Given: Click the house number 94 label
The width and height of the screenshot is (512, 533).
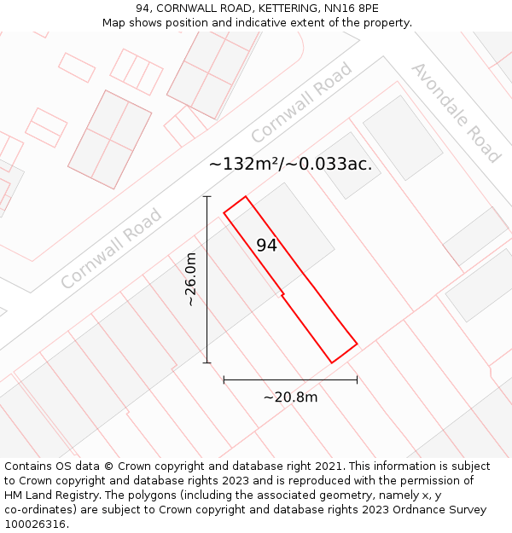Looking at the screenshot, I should [x=267, y=246].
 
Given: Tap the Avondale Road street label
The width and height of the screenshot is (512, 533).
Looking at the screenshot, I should [x=456, y=113].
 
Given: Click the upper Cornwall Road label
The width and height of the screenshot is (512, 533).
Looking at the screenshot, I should [x=301, y=102].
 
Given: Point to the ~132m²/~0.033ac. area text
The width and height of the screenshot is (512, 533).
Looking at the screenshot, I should [x=290, y=165].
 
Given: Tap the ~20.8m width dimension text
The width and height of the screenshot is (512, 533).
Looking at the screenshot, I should [x=290, y=397].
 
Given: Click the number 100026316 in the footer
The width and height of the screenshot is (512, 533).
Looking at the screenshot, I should [x=35, y=524].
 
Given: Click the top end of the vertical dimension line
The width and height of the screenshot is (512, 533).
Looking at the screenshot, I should [x=207, y=196].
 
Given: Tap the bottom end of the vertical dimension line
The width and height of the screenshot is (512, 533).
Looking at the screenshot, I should [x=207, y=362].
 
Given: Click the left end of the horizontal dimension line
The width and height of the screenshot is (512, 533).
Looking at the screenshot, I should [x=224, y=379].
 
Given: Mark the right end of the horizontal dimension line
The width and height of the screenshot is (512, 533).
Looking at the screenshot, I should [x=357, y=379].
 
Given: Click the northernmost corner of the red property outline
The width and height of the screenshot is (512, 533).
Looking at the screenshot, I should [x=246, y=197].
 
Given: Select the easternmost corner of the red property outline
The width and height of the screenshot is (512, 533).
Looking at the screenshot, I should [x=357, y=345].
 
